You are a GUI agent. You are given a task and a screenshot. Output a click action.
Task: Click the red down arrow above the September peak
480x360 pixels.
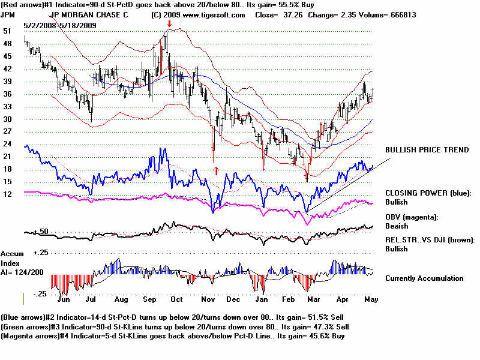(x=170, y=24)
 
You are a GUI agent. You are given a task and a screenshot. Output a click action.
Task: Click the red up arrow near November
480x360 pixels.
(x=216, y=170)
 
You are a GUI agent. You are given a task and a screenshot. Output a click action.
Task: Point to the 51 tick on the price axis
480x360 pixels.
(x=7, y=31)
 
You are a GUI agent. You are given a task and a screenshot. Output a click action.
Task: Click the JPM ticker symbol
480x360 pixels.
(x=9, y=14)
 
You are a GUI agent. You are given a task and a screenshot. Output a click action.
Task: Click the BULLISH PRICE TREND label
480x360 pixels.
(x=427, y=149)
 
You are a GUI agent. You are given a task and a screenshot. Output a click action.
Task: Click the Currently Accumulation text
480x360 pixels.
(x=424, y=278)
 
